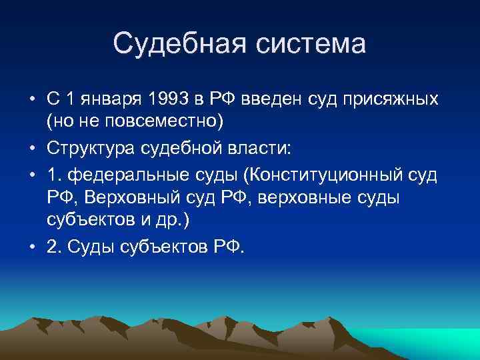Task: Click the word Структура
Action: (x=92, y=148)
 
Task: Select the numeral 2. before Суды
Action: (x=53, y=247)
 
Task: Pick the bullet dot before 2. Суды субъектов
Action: (x=31, y=247)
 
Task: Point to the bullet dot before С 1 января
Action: (x=31, y=100)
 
